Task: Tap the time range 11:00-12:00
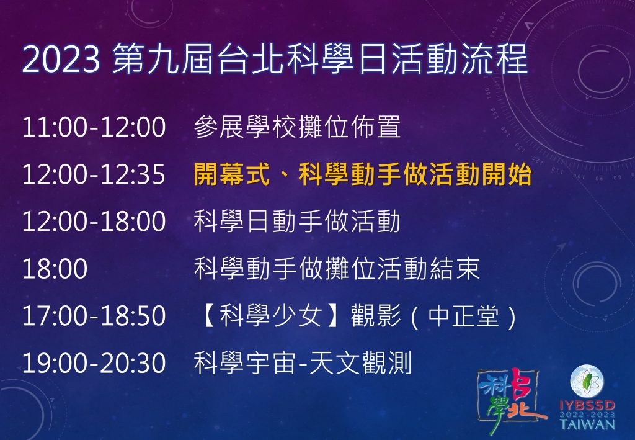pyautogui.click(x=94, y=127)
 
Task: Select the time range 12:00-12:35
pyautogui.click(x=94, y=174)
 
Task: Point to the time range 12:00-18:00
pyautogui.click(x=94, y=221)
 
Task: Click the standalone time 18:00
pyautogui.click(x=55, y=269)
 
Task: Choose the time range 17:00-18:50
pyautogui.click(x=94, y=316)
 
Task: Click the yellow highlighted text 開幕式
pyautogui.click(x=232, y=174)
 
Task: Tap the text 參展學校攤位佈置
pyautogui.click(x=297, y=127)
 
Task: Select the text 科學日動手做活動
pyautogui.click(x=297, y=221)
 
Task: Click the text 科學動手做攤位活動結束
pyautogui.click(x=337, y=269)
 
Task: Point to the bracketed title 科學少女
pyautogui.click(x=272, y=316)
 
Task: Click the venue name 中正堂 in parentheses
pyautogui.click(x=463, y=316)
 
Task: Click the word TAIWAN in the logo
pyautogui.click(x=588, y=424)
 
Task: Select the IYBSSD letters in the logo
pyautogui.click(x=588, y=406)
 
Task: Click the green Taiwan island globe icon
pyautogui.click(x=587, y=382)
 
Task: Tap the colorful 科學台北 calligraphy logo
pyautogui.click(x=511, y=399)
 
